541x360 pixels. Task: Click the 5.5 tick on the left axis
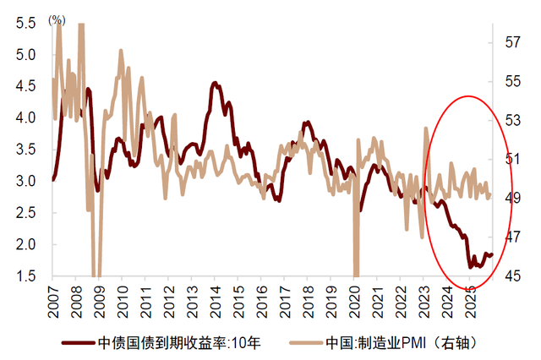coord(25,24)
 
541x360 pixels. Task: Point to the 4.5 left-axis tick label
coord(25,86)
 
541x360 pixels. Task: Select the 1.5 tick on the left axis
coord(25,276)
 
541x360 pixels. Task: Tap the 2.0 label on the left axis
coord(25,244)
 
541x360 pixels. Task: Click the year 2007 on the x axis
coord(52,298)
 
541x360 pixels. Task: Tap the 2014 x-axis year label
coord(216,298)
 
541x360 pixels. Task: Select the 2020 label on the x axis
coord(355,298)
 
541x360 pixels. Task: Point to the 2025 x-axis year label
coord(471,298)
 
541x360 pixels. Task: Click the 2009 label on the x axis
coord(99,298)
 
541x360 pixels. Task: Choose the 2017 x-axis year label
coord(285,298)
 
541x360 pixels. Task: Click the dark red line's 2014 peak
coord(215,83)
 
